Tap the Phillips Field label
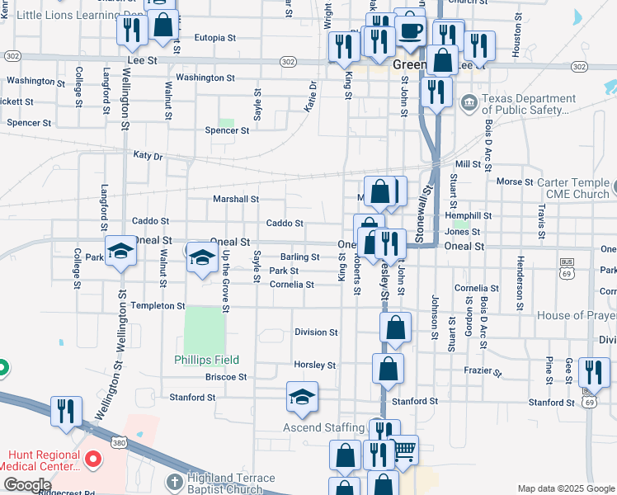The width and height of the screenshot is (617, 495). click(206, 360)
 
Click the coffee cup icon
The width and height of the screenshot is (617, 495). click(411, 31)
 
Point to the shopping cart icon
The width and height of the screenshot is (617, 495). click(404, 450)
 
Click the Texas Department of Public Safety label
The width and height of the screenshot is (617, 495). click(528, 104)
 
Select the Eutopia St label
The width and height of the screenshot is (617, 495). click(215, 38)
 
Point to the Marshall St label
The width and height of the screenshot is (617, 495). click(236, 199)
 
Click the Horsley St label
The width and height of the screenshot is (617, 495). click(315, 365)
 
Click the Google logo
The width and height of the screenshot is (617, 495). click(27, 484)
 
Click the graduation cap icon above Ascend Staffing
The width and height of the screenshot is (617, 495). click(302, 397)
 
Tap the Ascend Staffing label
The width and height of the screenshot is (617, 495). click(323, 427)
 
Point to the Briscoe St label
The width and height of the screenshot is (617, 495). click(226, 377)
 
